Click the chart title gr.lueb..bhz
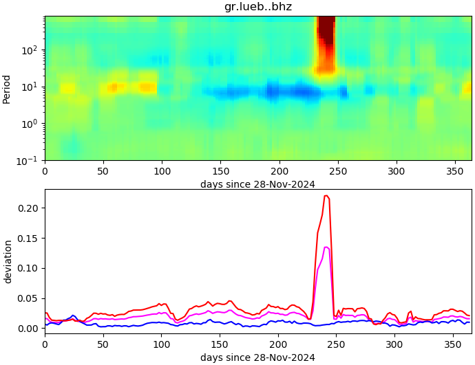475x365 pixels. pyautogui.click(x=258, y=7)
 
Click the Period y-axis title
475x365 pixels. pyautogui.click(x=7, y=89)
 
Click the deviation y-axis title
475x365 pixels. pyautogui.click(x=8, y=261)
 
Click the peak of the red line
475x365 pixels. pyautogui.click(x=326, y=196)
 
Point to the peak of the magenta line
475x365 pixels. pyautogui.click(x=326, y=247)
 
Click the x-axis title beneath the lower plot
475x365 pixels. pyautogui.click(x=257, y=357)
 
